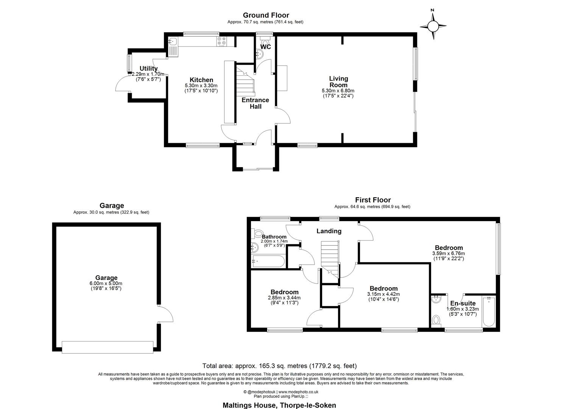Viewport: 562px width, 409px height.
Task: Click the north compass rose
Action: (433, 26)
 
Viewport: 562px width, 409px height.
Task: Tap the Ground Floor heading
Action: (266, 15)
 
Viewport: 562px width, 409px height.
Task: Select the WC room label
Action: (266, 47)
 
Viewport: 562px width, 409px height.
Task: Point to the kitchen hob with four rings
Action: (222, 41)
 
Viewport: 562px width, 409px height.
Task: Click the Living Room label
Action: (338, 82)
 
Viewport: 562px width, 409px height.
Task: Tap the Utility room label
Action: (148, 69)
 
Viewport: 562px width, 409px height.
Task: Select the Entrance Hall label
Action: (255, 103)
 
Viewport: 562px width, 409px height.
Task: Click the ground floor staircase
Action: (244, 80)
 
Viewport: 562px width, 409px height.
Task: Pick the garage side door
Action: (165, 314)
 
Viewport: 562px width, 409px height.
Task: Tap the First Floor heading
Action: (372, 200)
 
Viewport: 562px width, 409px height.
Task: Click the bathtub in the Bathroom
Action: (268, 261)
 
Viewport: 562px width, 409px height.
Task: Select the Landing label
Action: (329, 231)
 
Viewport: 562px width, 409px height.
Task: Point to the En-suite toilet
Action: (436, 321)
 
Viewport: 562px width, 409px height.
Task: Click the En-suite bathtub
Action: (489, 311)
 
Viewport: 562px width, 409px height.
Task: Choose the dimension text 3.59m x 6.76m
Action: (448, 253)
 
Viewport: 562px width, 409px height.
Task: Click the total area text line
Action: (279, 366)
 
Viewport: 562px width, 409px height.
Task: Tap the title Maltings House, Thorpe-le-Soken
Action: (279, 405)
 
